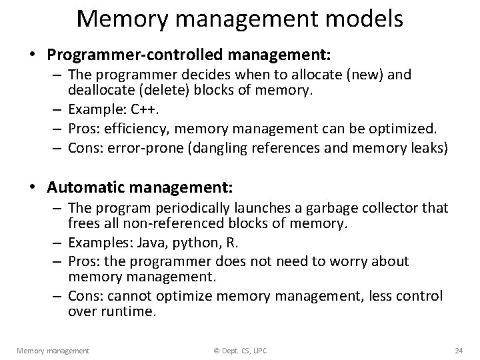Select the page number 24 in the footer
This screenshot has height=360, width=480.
(x=458, y=350)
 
